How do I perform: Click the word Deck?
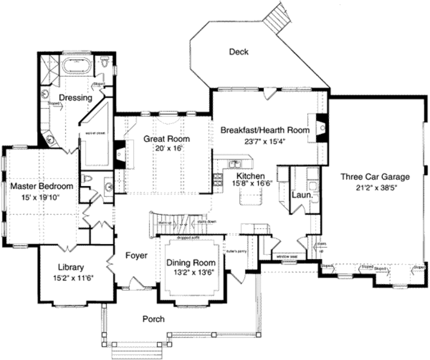coord(239,52)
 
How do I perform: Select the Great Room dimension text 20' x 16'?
coord(166,148)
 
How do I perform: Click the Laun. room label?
coord(302,195)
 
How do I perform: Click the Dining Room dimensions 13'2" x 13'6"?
coord(191,272)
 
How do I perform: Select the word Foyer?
coord(136,255)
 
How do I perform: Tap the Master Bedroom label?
coord(42,186)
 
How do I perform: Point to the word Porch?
coord(153,319)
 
